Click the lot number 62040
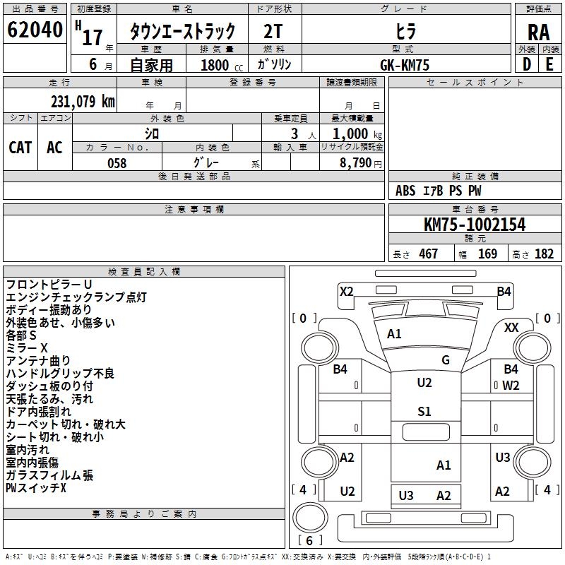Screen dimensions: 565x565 point(35,30)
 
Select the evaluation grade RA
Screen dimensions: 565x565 point(538,32)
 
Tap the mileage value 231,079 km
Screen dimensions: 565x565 point(83,102)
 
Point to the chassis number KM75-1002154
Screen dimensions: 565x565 point(475,225)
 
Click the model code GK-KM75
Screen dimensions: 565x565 point(405,65)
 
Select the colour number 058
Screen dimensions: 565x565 point(117,163)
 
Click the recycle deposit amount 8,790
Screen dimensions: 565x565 point(355,163)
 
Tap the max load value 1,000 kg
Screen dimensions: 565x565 point(357,134)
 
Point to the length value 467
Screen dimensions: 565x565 point(428,254)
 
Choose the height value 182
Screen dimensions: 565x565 point(544,254)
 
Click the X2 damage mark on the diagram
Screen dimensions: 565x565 point(347,291)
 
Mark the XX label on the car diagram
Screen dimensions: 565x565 point(511,328)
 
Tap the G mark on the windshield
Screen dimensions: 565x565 point(446,359)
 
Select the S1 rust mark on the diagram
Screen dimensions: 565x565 point(424,411)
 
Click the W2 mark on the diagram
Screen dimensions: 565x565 point(511,386)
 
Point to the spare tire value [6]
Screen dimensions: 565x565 point(309,540)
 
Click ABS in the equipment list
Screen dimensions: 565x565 point(405,191)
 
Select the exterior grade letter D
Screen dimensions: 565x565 point(527,64)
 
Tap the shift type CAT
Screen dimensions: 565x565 point(20,148)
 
